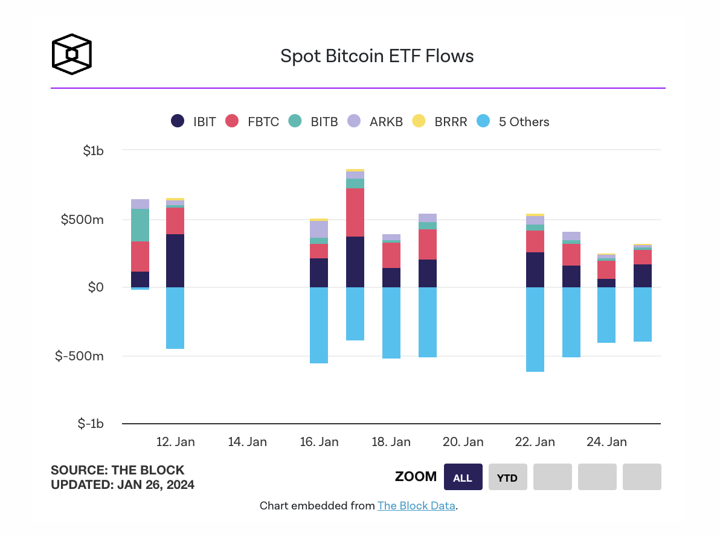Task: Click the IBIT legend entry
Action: (193, 121)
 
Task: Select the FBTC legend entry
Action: (252, 121)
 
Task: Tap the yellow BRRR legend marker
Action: (419, 121)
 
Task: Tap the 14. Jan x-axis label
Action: (248, 442)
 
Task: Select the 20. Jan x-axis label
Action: (464, 442)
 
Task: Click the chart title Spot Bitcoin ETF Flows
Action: (377, 56)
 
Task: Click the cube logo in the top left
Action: (71, 54)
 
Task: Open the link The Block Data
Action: (416, 506)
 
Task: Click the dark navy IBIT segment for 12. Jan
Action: (175, 261)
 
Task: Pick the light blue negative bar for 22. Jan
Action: (535, 329)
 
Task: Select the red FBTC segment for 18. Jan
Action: (391, 255)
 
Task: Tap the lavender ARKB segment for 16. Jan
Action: (319, 229)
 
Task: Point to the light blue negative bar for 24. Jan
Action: (606, 315)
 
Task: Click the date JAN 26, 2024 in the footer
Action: (156, 484)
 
